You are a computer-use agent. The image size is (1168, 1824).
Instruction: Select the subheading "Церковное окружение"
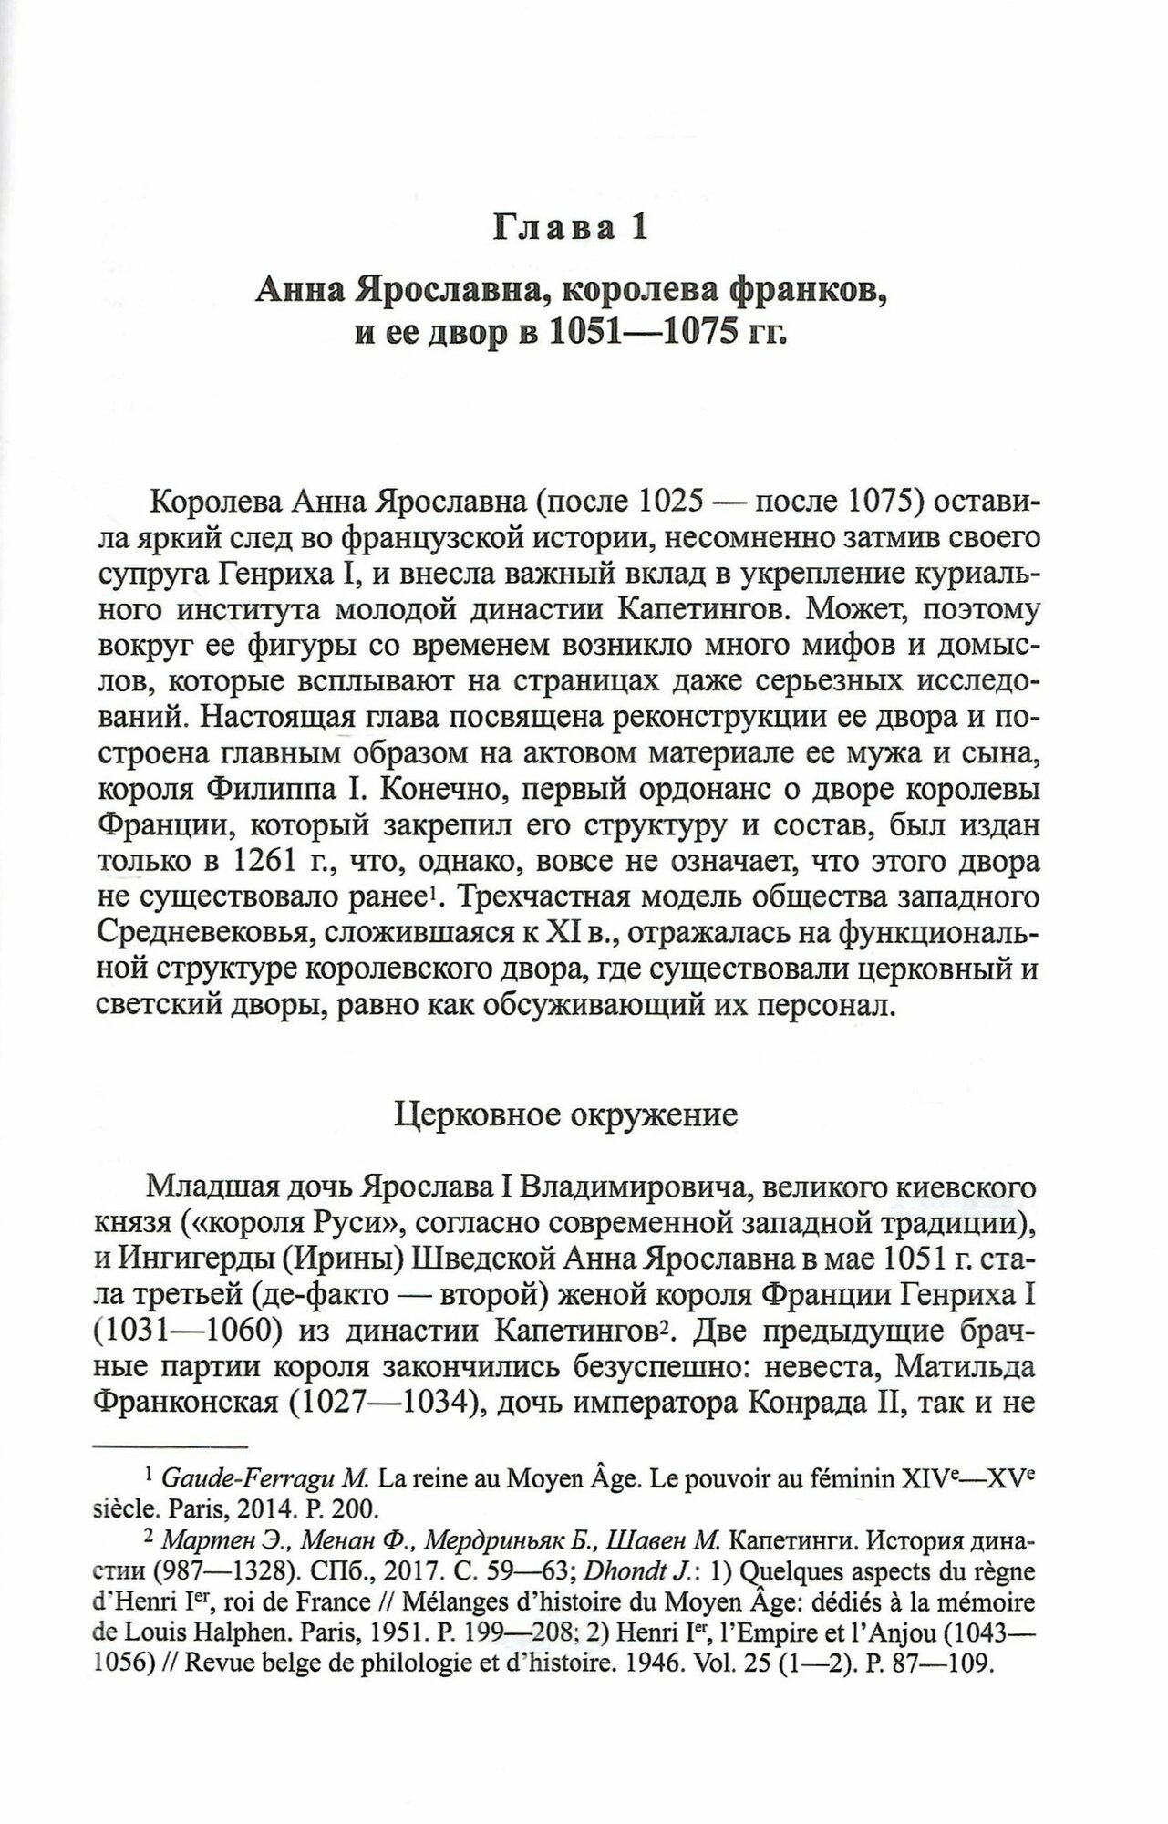pyautogui.click(x=565, y=1116)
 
